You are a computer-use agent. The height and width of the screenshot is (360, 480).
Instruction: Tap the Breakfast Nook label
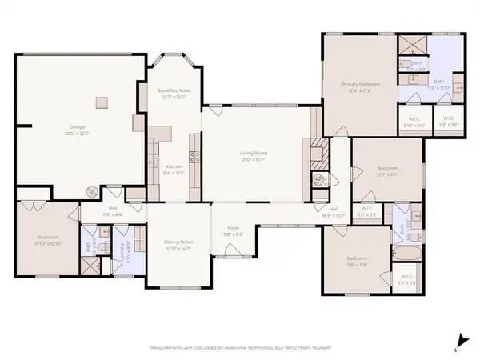point(173,91)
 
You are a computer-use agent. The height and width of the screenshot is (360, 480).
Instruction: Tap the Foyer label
point(234,228)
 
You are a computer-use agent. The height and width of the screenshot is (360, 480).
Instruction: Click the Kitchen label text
point(174,166)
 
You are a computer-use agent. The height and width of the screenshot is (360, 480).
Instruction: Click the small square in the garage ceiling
point(102,102)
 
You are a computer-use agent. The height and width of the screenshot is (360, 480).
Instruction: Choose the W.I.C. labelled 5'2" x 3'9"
point(366,214)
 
